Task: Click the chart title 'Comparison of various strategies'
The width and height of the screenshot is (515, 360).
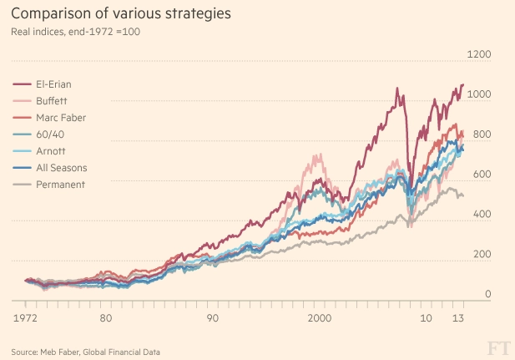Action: [121, 15]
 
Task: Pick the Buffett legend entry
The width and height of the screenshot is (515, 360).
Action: [52, 101]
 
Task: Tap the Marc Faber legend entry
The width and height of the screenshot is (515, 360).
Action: [61, 118]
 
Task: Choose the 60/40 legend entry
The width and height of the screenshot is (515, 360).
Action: [49, 134]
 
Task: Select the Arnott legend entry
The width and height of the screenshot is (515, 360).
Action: [50, 150]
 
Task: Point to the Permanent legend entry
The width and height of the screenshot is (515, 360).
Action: [60, 184]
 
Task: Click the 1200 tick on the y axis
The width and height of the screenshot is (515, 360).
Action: [479, 55]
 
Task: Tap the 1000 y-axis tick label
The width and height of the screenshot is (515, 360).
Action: [479, 95]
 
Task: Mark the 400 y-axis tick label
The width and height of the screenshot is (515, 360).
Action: [482, 215]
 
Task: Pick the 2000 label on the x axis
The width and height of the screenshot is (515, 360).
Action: [321, 318]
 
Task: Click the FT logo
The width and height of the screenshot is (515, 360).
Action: [497, 347]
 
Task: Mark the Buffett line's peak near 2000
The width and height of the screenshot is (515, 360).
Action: [316, 155]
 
